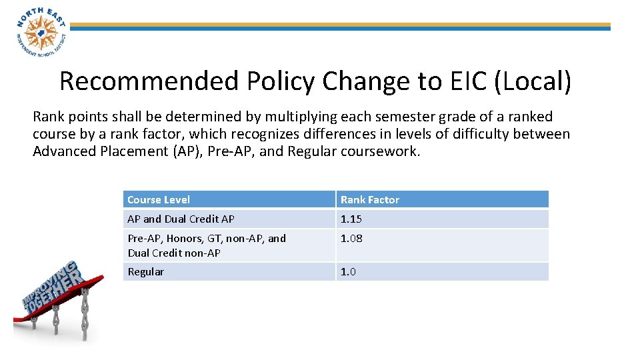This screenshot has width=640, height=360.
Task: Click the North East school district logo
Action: pyautogui.click(x=40, y=31)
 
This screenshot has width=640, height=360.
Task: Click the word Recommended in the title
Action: pyautogui.click(x=149, y=81)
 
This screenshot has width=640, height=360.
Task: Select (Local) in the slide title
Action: pyautogui.click(x=534, y=81)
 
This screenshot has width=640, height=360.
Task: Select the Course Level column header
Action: pyautogui.click(x=159, y=199)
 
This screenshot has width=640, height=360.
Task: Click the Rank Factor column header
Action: pyautogui.click(x=370, y=199)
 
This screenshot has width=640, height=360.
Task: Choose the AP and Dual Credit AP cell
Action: pyautogui.click(x=181, y=219)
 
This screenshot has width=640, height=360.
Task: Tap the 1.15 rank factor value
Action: pyautogui.click(x=351, y=219)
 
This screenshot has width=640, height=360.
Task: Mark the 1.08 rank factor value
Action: pyautogui.click(x=351, y=238)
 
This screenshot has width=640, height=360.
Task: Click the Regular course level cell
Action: pyautogui.click(x=145, y=271)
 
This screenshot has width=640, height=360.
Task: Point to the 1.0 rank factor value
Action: pyautogui.click(x=348, y=271)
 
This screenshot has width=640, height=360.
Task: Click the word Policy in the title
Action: pyautogui.click(x=281, y=81)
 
